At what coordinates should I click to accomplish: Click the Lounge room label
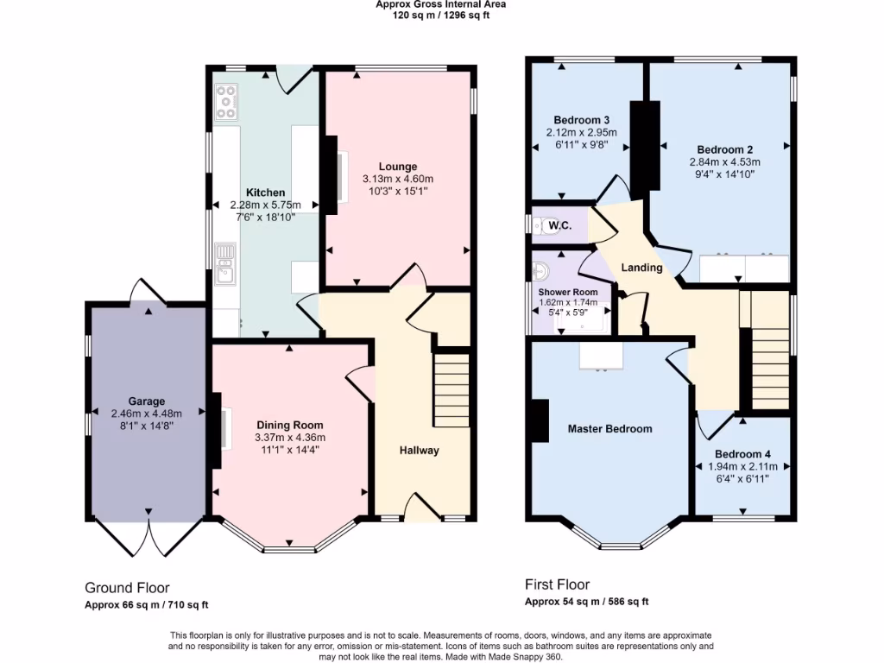pyautogui.click(x=397, y=167)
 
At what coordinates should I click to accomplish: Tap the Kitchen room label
pyautogui.click(x=265, y=193)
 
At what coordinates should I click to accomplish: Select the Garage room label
pyautogui.click(x=146, y=401)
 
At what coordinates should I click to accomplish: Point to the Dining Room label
pyautogui.click(x=289, y=425)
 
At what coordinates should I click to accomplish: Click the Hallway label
pyautogui.click(x=419, y=451)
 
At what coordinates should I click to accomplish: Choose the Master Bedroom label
pyautogui.click(x=609, y=429)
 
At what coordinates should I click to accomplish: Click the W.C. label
pyautogui.click(x=560, y=226)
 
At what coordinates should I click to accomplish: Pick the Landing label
pyautogui.click(x=641, y=268)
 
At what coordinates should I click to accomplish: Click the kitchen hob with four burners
pyautogui.click(x=227, y=102)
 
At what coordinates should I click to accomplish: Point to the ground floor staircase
pyautogui.click(x=451, y=389)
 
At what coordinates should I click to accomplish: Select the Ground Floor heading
pyautogui.click(x=127, y=587)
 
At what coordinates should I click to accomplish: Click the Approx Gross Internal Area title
pyautogui.click(x=441, y=4)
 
